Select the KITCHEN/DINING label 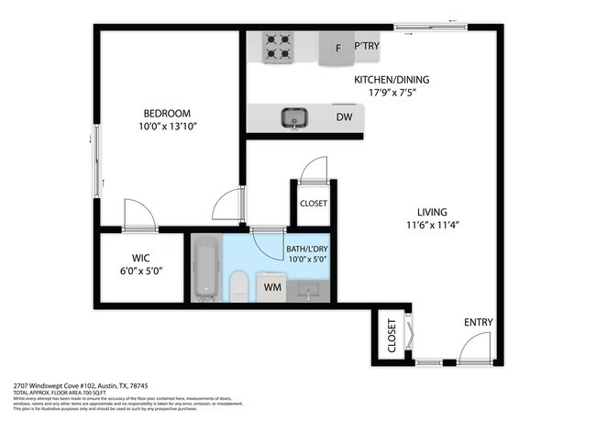click(x=392, y=80)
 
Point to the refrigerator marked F click(x=337, y=49)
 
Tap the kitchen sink click(x=293, y=117)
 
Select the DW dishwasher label click(x=344, y=117)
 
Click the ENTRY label click(x=478, y=322)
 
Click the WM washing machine click(x=271, y=287)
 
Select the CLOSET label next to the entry click(x=392, y=336)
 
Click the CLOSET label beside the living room click(x=313, y=204)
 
